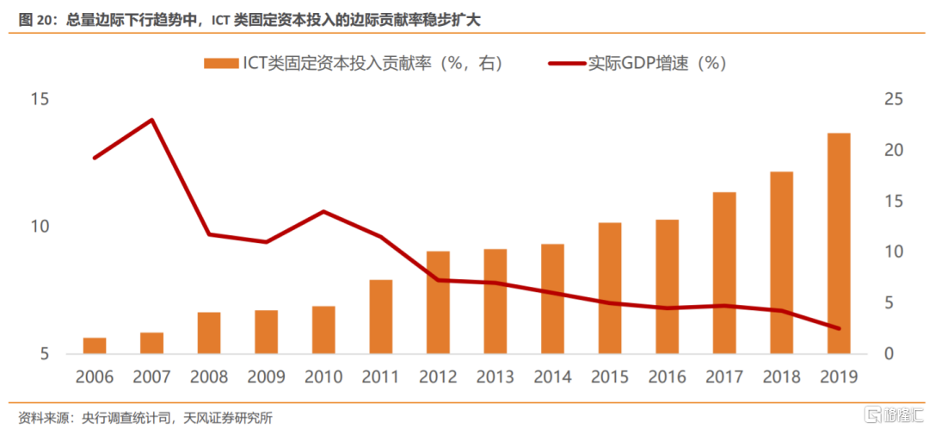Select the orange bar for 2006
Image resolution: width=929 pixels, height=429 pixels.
pyautogui.click(x=95, y=345)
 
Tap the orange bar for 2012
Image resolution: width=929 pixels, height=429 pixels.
pyautogui.click(x=438, y=302)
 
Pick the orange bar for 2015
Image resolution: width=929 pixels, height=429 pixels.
pyautogui.click(x=610, y=288)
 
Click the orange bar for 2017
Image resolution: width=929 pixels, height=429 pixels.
pyautogui.click(x=724, y=273)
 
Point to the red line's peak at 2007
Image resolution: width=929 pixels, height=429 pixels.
pyautogui.click(x=152, y=120)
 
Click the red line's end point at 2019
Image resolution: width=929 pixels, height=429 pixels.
pyautogui.click(x=839, y=328)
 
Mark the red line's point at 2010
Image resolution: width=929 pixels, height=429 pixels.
pyautogui.click(x=323, y=211)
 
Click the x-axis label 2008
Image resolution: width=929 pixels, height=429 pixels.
pyautogui.click(x=209, y=377)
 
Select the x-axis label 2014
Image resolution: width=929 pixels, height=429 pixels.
pyautogui.click(x=553, y=377)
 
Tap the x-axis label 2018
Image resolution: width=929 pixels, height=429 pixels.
pyautogui.click(x=782, y=377)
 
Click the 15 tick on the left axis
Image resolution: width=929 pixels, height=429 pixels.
pyautogui.click(x=40, y=100)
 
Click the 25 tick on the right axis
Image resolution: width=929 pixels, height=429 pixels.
pyautogui.click(x=894, y=100)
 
